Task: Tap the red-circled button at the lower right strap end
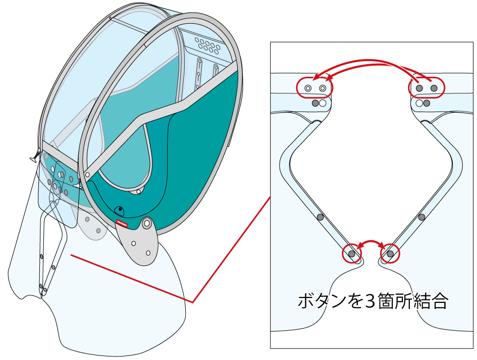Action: [x=390, y=253]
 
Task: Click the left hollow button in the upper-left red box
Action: [x=307, y=88]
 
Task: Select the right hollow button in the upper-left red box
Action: [x=322, y=88]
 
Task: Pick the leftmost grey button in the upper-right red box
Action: [x=419, y=88]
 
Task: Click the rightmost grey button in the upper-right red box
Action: [x=433, y=88]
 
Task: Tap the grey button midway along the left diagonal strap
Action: [x=320, y=217]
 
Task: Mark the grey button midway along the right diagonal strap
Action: [x=422, y=217]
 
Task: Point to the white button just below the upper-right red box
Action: [x=418, y=103]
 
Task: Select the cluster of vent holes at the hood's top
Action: [x=208, y=44]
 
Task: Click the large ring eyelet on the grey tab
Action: [x=147, y=223]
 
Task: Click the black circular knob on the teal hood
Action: [x=120, y=210]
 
